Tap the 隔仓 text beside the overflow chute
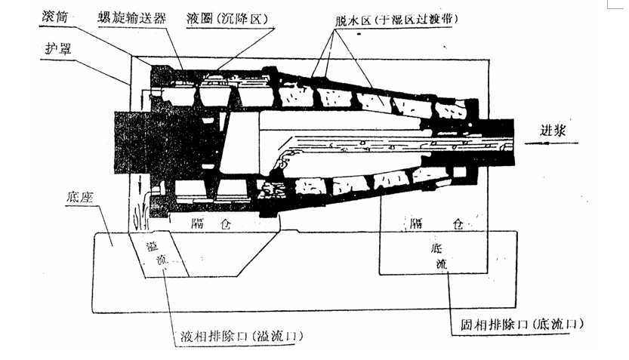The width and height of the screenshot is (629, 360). pos(211,224)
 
